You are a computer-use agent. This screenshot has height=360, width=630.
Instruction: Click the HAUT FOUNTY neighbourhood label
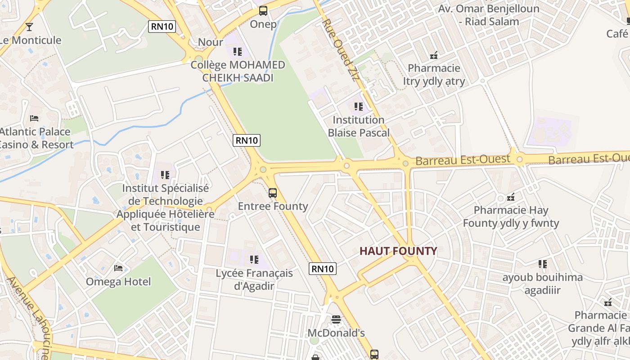(x=398, y=251)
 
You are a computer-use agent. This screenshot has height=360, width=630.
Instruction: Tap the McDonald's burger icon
(x=336, y=319)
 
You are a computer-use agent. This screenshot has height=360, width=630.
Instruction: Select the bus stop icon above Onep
(x=263, y=11)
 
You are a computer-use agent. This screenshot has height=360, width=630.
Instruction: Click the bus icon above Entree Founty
(x=273, y=193)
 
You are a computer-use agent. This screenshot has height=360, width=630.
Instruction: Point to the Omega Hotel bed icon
(x=118, y=268)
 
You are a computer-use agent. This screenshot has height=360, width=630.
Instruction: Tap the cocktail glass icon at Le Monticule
(x=29, y=27)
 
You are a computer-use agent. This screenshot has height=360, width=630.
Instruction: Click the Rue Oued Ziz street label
(x=341, y=49)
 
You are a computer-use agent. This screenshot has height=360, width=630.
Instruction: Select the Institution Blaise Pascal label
(x=359, y=126)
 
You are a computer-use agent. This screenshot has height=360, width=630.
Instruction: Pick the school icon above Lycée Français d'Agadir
(x=254, y=260)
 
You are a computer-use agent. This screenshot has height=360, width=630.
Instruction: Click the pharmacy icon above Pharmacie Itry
(x=434, y=55)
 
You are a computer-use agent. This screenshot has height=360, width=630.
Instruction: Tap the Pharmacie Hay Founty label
(x=511, y=216)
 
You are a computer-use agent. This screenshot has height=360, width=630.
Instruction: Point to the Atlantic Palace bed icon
(x=34, y=118)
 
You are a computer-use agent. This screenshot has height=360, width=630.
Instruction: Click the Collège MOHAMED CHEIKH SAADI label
(x=238, y=71)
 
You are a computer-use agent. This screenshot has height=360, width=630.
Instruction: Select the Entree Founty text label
(x=273, y=206)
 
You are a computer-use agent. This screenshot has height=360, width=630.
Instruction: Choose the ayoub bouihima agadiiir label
(x=542, y=283)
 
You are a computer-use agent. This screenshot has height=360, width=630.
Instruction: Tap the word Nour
(x=211, y=42)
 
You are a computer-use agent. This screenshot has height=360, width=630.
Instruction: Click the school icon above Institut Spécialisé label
(x=165, y=175)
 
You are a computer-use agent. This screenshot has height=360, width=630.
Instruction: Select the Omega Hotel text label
(x=118, y=282)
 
